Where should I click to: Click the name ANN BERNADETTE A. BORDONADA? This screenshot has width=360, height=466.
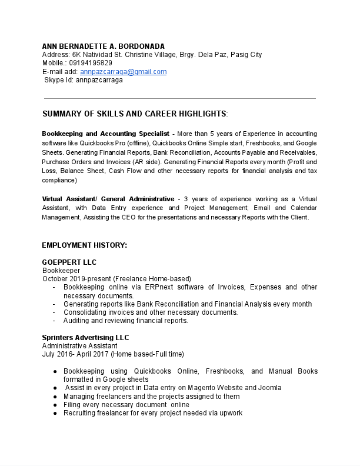tap(103, 46)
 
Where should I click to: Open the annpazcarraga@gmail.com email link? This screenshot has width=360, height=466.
tap(123, 72)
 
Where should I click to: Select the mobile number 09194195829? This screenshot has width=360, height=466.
tap(91, 63)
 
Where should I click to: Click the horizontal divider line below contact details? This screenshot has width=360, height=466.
tap(180, 98)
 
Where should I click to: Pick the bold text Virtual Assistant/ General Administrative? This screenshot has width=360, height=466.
tap(108, 199)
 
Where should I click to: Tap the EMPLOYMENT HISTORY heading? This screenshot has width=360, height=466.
tap(84, 245)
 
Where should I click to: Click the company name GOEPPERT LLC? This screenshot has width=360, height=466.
tap(69, 262)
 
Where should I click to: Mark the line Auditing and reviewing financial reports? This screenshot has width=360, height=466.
tap(125, 321)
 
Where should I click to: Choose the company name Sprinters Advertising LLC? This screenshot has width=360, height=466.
tap(85, 338)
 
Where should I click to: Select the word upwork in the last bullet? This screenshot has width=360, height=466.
tap(230, 413)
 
